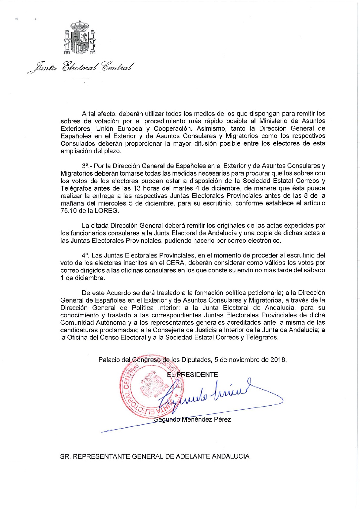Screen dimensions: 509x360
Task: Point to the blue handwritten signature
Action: coord(209,393)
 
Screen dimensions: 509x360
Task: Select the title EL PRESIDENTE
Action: coord(193,375)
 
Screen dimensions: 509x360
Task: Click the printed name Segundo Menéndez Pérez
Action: coord(193,420)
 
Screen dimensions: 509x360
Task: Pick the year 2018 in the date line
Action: coord(278,360)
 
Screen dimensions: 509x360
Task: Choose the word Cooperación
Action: coord(172,128)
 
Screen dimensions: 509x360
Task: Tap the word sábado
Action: coord(314,270)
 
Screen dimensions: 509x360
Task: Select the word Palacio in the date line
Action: coord(109,360)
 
